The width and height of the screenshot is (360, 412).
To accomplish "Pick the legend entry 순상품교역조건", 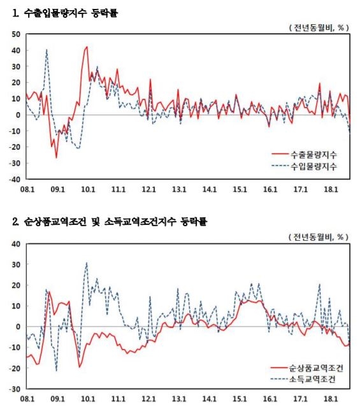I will point(312,367).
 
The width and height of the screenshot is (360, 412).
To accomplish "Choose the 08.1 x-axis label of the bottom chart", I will point(27,398).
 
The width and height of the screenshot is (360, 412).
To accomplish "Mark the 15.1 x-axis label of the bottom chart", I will point(240,398).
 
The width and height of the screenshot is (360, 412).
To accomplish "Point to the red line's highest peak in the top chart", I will point(87,46).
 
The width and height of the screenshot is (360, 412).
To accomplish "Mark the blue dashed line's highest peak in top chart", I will point(47,50).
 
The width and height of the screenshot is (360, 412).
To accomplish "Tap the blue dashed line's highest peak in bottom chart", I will point(87,263).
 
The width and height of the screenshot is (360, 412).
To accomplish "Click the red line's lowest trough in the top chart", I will point(56,157).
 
